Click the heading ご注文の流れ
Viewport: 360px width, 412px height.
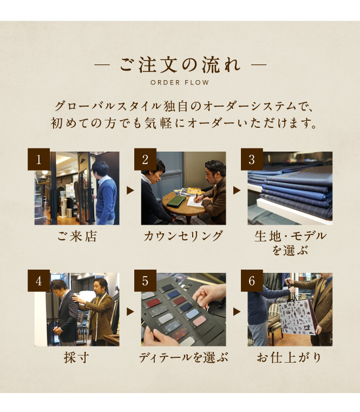coord(180,65)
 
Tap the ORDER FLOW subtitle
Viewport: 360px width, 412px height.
coord(180,82)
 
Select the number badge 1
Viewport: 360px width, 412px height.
coord(38,159)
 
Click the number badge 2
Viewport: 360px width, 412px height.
coord(145,159)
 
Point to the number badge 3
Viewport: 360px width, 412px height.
coord(252,159)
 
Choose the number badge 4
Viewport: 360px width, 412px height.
coord(38,280)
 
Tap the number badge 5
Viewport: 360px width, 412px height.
coord(145,280)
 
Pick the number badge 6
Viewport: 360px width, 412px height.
coord(252,280)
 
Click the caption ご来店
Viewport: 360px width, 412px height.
coord(77,236)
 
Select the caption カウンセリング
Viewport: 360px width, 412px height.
coord(183,236)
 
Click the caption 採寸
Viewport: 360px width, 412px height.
coord(76,358)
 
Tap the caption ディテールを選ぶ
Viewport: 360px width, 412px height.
coord(183,358)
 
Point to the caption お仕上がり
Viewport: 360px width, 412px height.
coord(289,358)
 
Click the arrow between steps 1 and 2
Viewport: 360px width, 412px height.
coord(130,191)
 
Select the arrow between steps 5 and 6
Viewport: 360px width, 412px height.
coord(237,312)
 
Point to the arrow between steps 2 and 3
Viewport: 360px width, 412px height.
coord(237,191)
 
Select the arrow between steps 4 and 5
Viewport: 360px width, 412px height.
coord(130,312)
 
